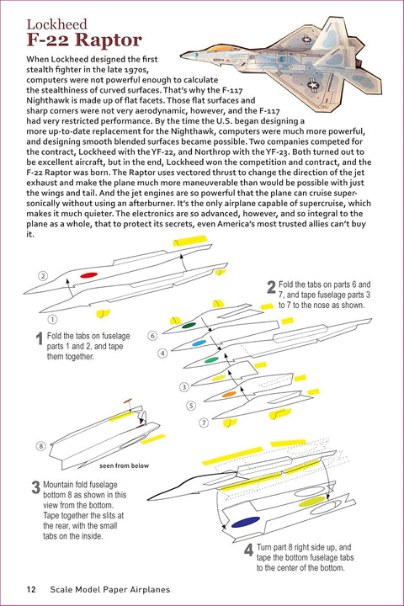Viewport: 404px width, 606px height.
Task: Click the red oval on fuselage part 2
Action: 88,274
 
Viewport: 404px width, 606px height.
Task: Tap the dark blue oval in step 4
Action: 246,522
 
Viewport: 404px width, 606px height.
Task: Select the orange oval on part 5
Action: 229,394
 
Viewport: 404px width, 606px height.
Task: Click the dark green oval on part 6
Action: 189,326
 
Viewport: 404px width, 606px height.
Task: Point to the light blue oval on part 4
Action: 199,343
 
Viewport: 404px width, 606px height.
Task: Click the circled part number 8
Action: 41,446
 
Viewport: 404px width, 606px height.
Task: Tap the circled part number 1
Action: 52,319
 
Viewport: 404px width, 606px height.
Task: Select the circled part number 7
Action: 204,423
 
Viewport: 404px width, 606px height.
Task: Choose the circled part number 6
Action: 152,336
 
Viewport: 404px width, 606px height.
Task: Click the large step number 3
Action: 35,487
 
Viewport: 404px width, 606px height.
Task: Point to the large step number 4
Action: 248,550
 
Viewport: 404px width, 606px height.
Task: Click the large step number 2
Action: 271,287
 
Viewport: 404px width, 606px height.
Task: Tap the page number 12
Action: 31,589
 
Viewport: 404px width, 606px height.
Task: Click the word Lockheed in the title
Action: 57,24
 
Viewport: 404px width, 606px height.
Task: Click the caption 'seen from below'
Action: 124,465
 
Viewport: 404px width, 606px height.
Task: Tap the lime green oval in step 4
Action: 312,502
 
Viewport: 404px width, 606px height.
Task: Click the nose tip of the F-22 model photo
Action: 181,55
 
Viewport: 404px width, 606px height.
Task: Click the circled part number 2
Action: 43,276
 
